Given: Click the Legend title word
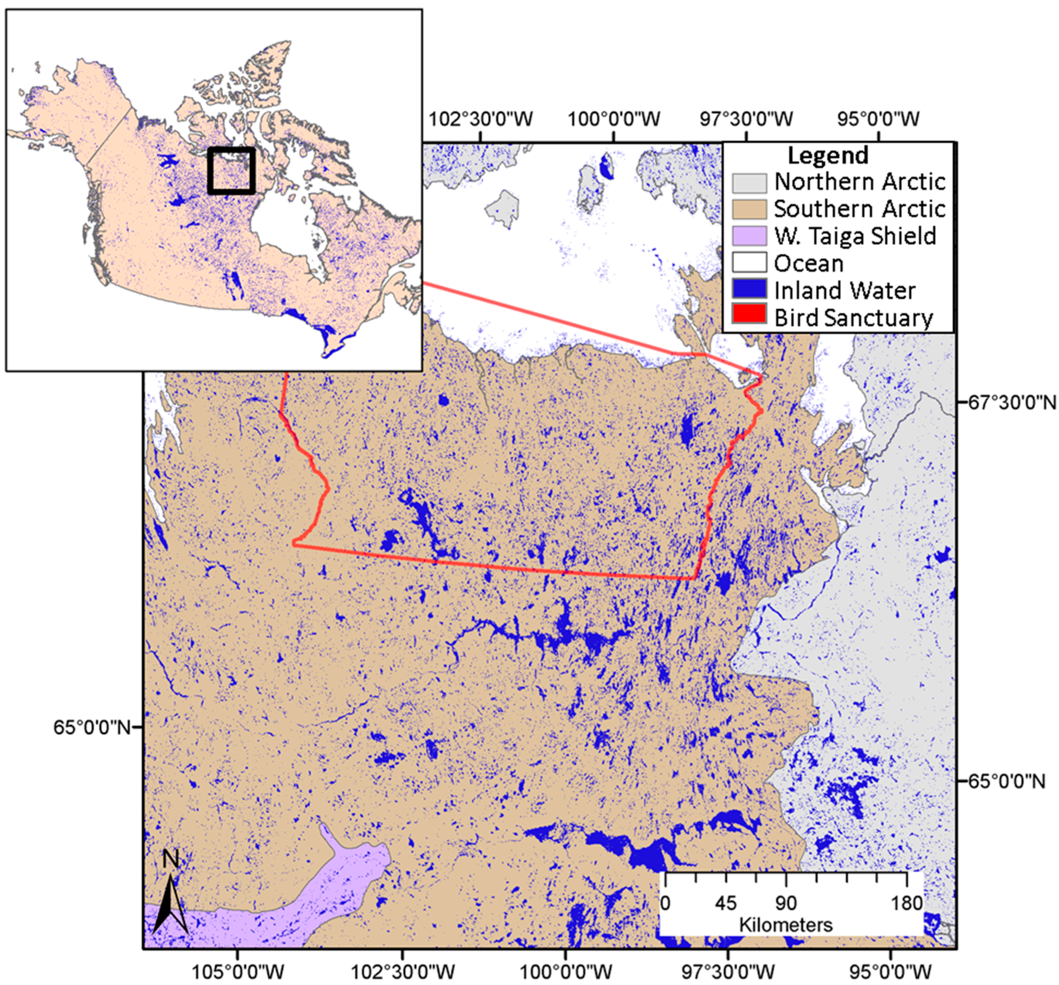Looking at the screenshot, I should coord(828,156).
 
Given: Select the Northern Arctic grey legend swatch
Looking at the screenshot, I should coord(749,182).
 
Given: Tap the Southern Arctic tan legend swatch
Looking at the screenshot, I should coord(749,209).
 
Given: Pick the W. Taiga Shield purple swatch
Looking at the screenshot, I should coord(749,236).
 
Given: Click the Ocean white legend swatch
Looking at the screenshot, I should coord(749,263).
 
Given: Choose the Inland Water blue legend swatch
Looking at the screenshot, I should coord(749,289).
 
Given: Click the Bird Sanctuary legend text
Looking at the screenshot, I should coord(853,318).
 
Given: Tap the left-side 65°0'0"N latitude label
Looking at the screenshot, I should coord(92,727).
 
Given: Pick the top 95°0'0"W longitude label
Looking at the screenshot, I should coord(878,118).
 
